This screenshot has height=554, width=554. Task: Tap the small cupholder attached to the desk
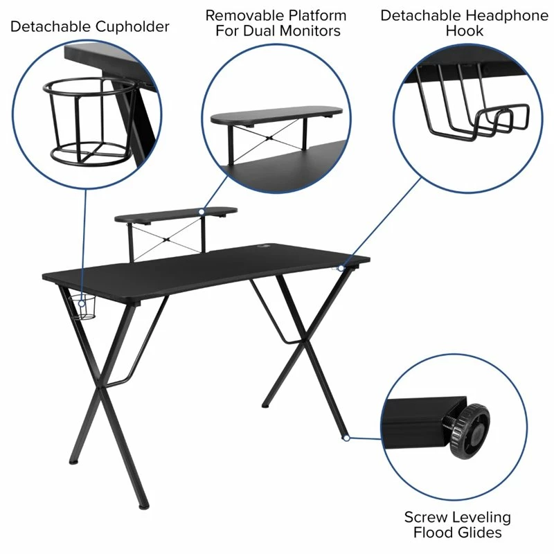point(86,307)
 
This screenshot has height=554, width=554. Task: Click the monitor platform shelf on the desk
point(176,214)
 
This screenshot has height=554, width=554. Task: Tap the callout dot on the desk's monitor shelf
point(201,211)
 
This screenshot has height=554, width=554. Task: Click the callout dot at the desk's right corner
point(341,267)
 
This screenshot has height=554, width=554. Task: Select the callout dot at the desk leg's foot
point(344,437)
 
